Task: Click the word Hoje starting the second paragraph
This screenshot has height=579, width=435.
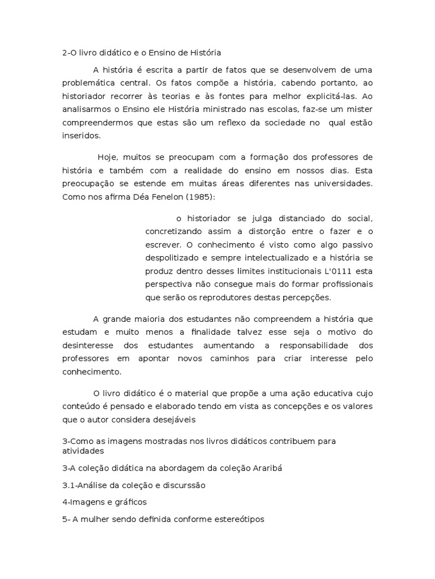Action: [x=106, y=157]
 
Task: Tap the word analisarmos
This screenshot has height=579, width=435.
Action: [x=87, y=109]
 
